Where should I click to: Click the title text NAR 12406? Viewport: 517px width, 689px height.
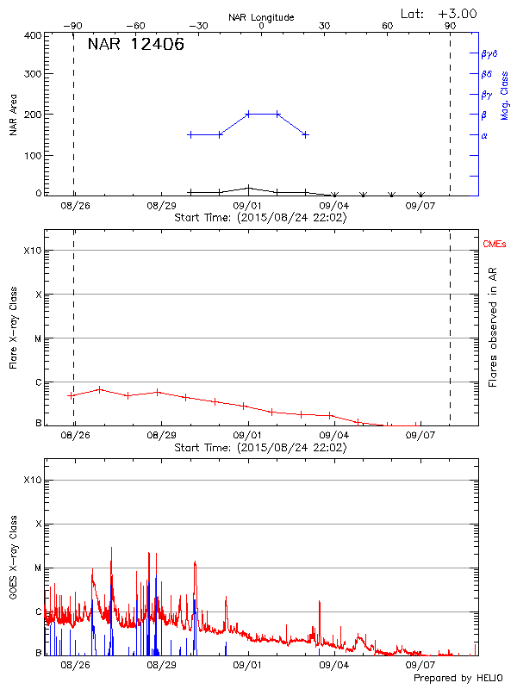(x=135, y=45)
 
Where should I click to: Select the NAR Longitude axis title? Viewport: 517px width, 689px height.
(x=261, y=17)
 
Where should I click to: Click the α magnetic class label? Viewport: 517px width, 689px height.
(x=484, y=135)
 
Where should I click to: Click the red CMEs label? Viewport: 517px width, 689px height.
(x=495, y=245)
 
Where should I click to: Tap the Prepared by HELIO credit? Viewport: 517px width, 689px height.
(x=458, y=679)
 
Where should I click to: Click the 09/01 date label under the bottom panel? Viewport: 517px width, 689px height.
(x=248, y=666)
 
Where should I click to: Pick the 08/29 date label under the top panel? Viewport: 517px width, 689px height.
(x=161, y=207)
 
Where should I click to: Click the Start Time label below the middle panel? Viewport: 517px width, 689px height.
(x=260, y=448)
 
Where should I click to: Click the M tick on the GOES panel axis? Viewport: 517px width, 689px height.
(x=38, y=568)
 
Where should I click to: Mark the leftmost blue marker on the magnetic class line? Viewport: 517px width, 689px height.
(x=190, y=134)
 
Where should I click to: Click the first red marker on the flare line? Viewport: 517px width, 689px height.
(x=72, y=395)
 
